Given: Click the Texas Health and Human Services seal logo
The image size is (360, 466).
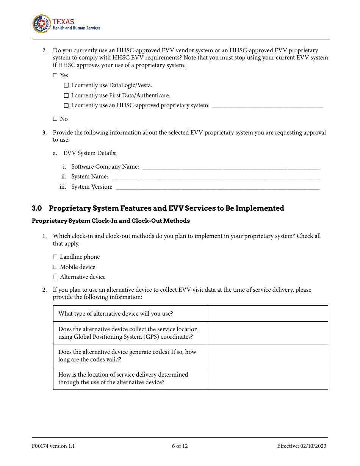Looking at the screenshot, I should coord(41,24).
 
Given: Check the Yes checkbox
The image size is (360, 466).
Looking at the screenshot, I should coord(55,75).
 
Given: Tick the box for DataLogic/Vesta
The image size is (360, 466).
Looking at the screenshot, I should coord(66,86).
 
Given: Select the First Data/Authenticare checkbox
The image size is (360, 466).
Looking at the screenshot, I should coord(66,96).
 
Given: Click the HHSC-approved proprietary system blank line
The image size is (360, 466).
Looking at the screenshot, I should coord(268,106).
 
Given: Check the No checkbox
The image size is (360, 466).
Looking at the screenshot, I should coord(55,119).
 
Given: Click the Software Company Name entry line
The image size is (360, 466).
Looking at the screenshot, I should coord(230,167).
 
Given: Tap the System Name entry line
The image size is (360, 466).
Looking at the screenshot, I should coord(216,177).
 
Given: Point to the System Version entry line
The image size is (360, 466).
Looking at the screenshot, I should coord(218,187).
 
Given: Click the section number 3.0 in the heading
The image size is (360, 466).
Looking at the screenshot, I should coord(37,208).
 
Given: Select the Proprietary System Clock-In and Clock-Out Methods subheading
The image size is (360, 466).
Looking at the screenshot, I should coord(111,221).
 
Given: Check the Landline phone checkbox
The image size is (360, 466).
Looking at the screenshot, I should coord(55,257).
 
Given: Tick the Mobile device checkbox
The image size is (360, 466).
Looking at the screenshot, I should coord(55,267).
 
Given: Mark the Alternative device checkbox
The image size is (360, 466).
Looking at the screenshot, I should coord(55,277).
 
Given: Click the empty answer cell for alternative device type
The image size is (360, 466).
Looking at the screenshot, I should coord(267,314).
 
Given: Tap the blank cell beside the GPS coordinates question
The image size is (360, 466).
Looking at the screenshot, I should coord(267,333).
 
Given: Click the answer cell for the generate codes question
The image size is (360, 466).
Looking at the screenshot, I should coord(267,356).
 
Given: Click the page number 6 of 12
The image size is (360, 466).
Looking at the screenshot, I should coord(180,446).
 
